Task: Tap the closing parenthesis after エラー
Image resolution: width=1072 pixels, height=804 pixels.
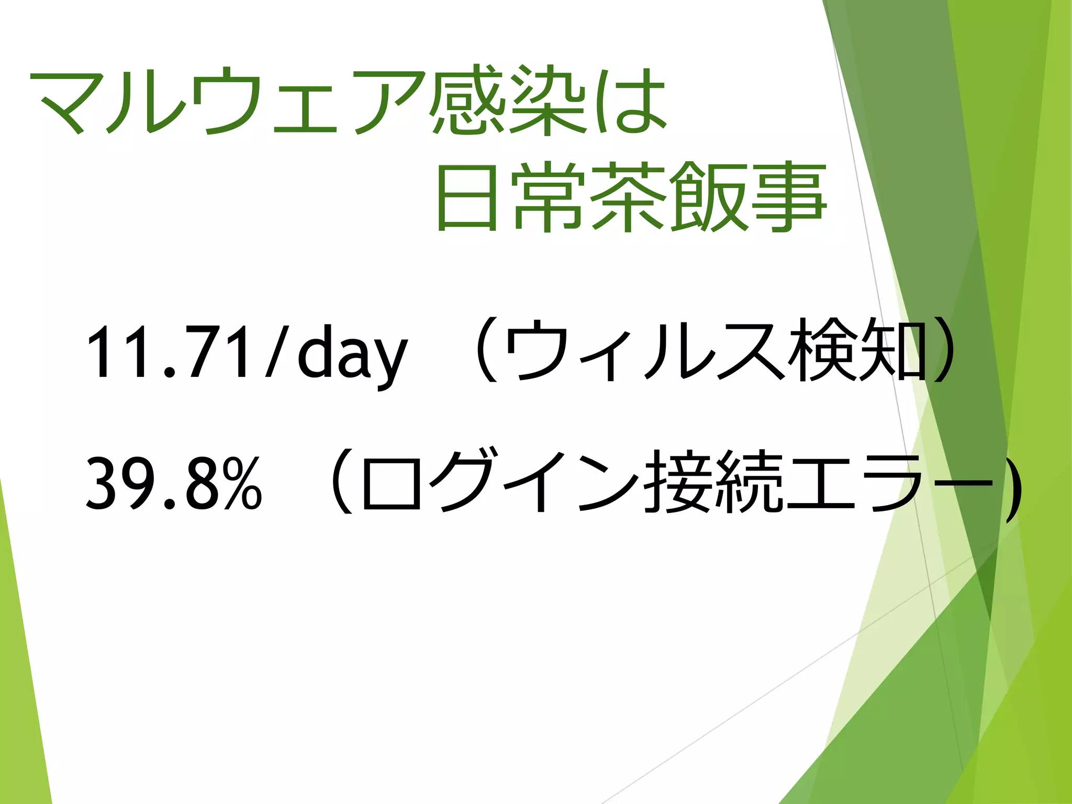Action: pyautogui.click(x=1013, y=484)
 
